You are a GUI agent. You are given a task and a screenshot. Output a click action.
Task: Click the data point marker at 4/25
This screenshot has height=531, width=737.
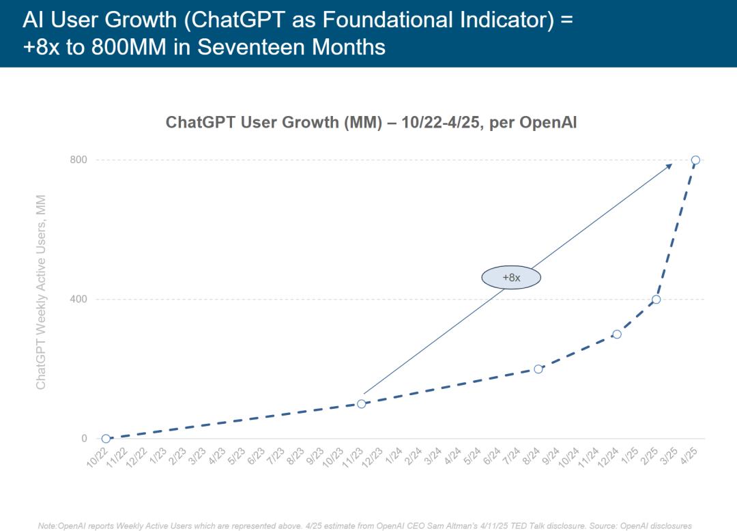point(695,160)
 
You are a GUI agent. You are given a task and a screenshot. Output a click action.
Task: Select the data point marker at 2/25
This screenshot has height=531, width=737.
point(656,300)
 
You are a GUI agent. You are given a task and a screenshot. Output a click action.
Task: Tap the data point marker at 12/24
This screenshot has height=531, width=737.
point(617,334)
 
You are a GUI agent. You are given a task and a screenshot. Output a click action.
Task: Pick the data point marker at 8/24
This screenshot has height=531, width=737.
point(538,369)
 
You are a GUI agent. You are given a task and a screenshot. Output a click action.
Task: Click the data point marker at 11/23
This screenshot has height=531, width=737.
point(362,404)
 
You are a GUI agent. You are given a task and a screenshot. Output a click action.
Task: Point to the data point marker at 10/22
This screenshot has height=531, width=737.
point(106,439)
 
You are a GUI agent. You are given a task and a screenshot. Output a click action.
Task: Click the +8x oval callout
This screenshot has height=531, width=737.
point(511,277)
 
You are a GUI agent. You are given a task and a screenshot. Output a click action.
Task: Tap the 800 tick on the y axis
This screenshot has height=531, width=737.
point(79,160)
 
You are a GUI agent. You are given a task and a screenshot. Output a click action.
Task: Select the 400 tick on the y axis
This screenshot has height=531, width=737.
point(79,299)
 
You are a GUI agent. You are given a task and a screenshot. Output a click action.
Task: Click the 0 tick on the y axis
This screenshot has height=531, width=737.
point(84,439)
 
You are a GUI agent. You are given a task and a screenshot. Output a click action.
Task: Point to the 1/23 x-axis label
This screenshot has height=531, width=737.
point(158,457)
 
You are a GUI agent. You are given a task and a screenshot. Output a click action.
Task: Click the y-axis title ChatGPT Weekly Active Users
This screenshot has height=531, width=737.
point(41,292)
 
